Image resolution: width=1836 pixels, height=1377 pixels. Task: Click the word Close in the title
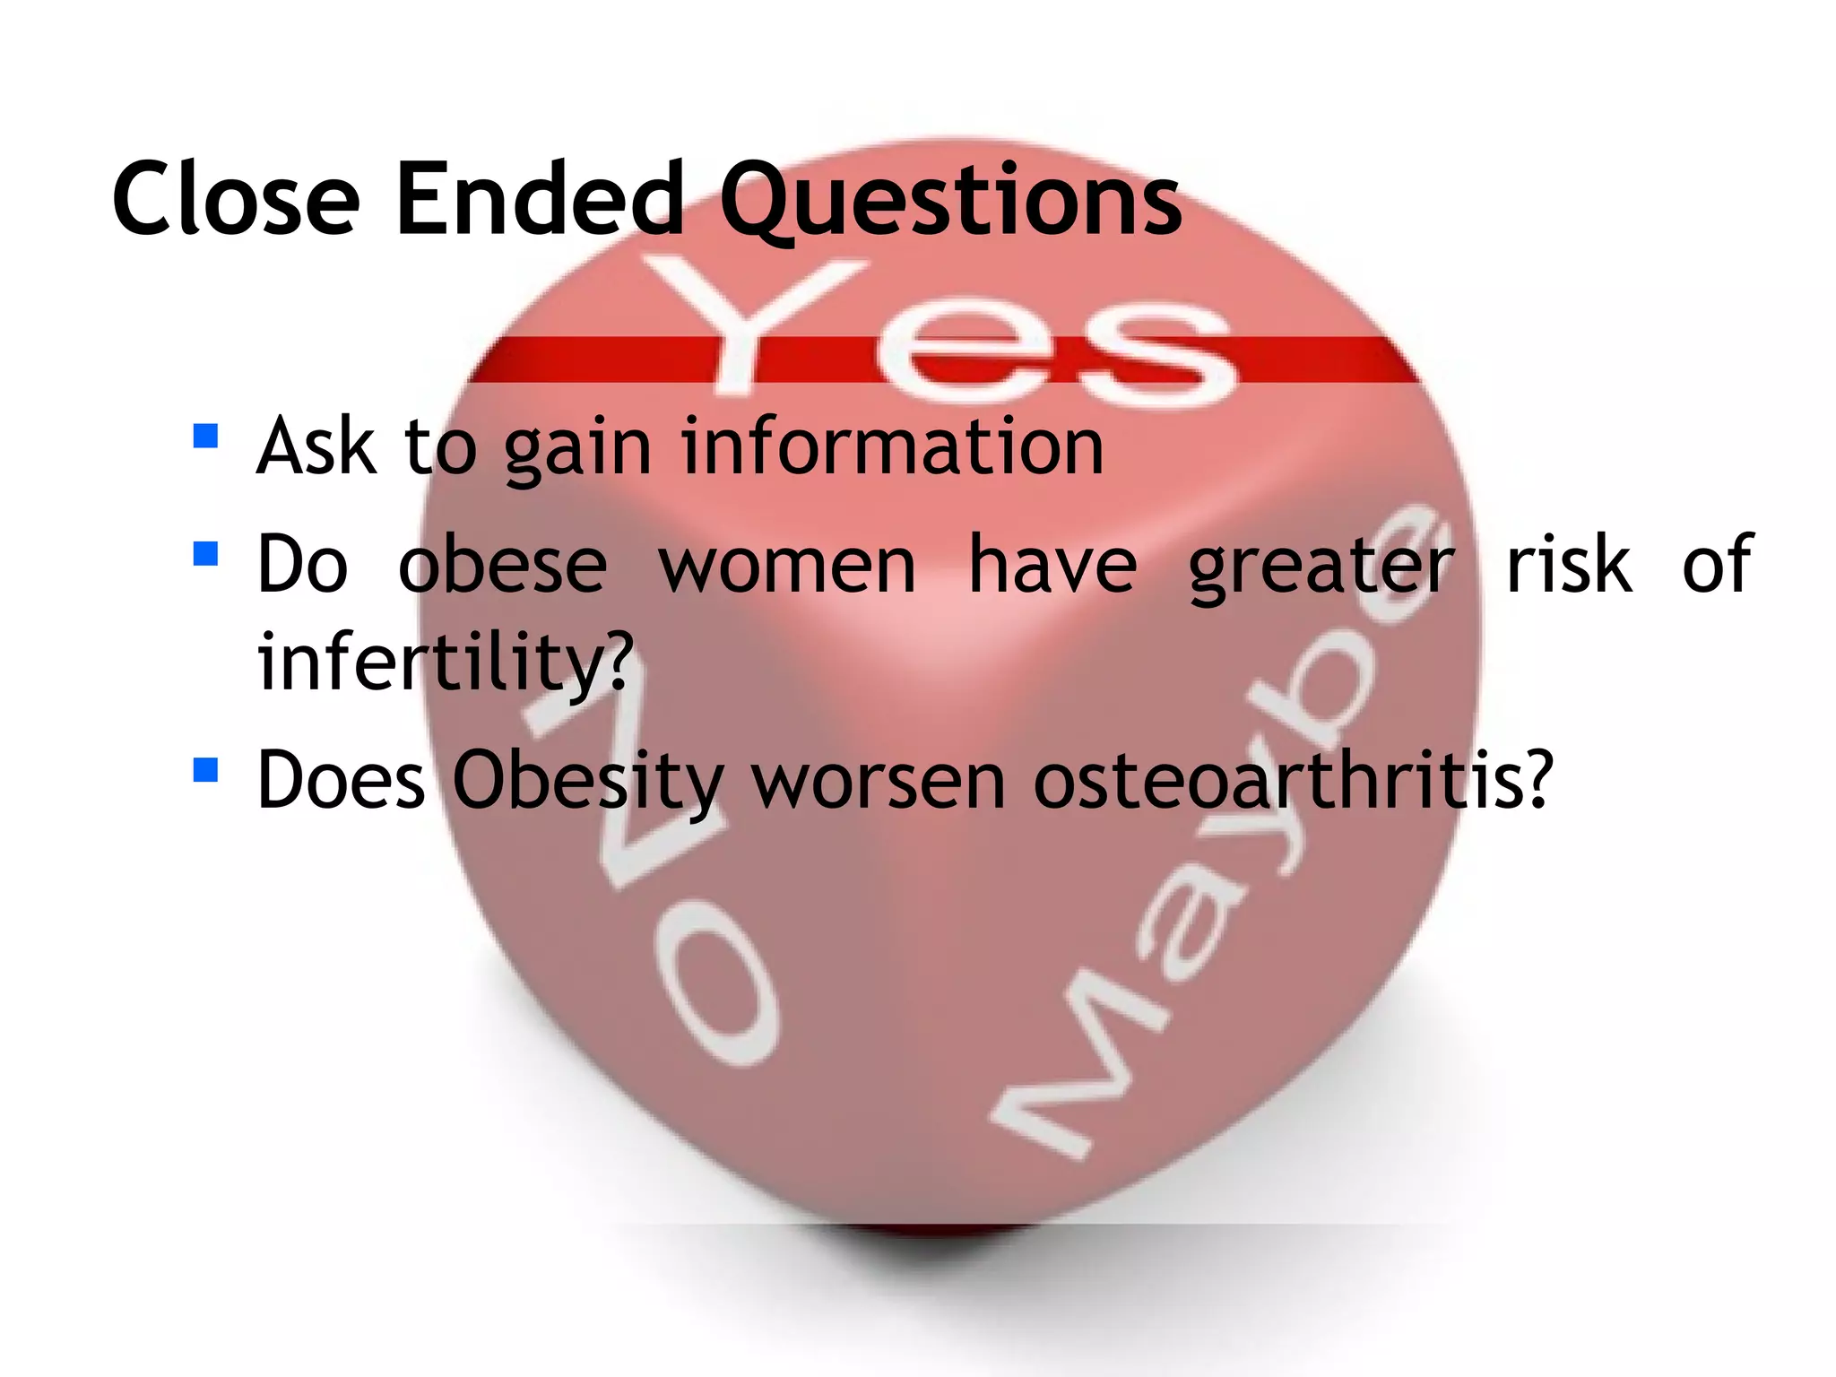tap(236, 198)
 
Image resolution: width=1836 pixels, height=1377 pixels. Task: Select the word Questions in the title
tap(951, 202)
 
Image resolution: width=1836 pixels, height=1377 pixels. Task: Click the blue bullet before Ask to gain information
tap(205, 437)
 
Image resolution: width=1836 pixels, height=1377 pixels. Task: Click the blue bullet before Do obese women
tap(205, 553)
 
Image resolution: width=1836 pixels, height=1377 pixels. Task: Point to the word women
tap(788, 564)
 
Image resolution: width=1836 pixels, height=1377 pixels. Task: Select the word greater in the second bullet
tap(1321, 567)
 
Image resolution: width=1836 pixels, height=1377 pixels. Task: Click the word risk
tap(1569, 564)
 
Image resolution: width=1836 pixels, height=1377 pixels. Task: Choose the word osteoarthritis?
tap(1292, 779)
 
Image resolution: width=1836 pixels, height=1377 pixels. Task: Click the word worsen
tap(879, 781)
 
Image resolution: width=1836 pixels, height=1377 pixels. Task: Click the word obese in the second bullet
tap(503, 564)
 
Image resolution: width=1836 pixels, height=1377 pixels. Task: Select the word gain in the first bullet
tap(577, 449)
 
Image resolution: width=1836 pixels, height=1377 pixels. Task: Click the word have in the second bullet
tap(1052, 564)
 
